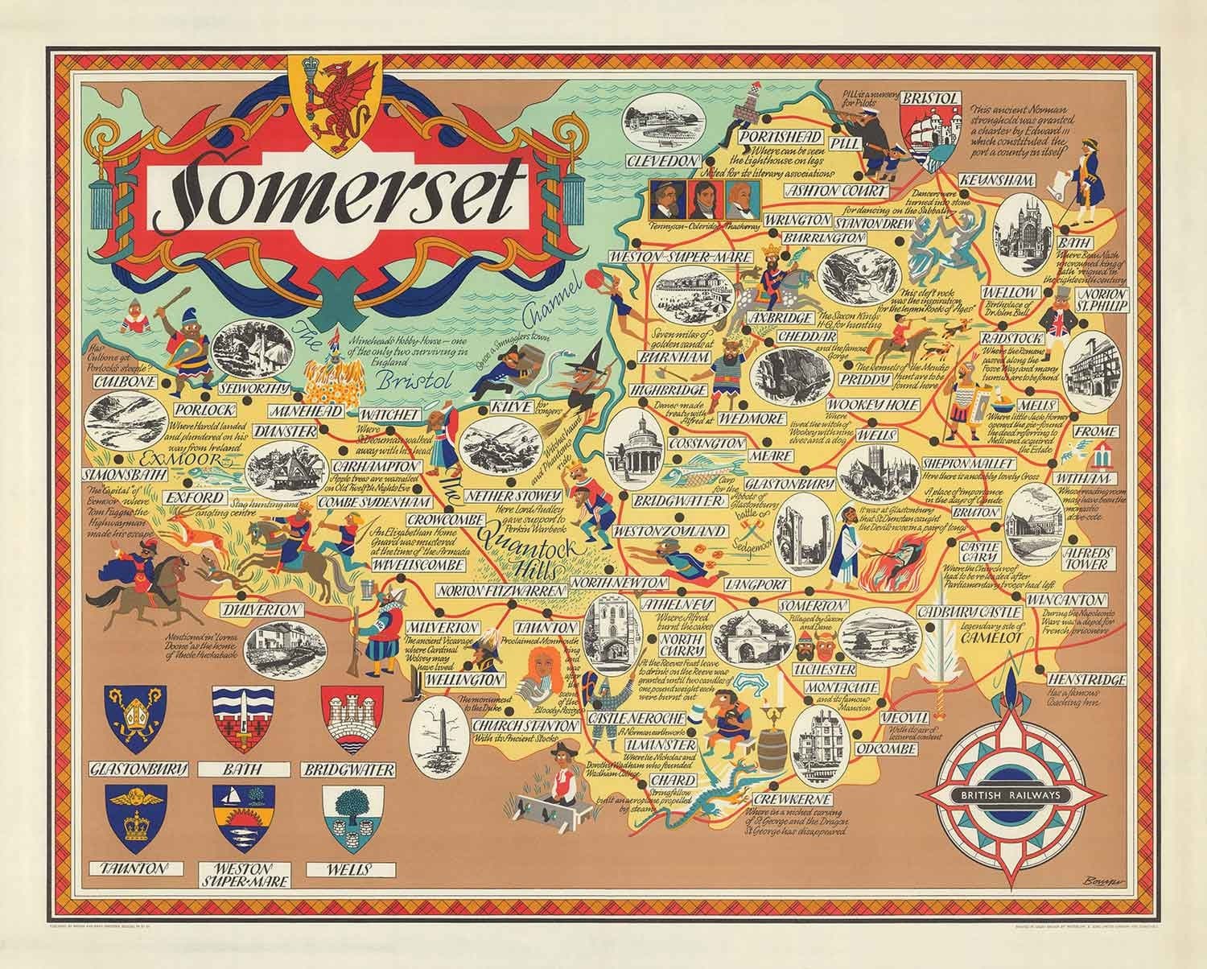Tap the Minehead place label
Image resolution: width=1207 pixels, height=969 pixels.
point(311,411)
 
